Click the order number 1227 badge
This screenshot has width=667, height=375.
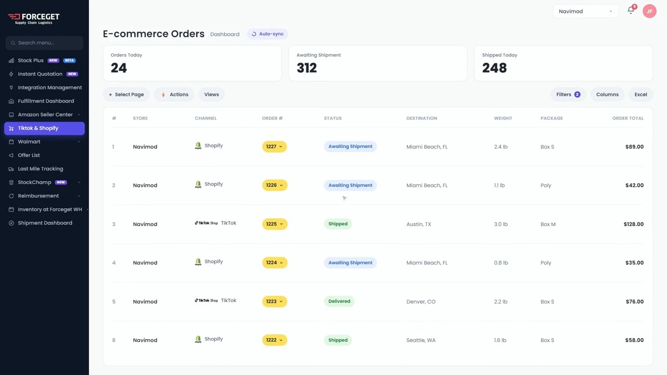[274, 146]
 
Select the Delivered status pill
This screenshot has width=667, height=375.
[339, 301]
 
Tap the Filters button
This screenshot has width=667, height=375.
[568, 94]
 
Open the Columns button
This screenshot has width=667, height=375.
[607, 94]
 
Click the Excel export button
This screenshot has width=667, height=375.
[640, 94]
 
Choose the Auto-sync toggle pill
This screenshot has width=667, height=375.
[267, 34]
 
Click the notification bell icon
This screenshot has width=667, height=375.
[631, 10]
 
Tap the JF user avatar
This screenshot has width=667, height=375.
[649, 11]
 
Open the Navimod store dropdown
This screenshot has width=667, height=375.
[586, 11]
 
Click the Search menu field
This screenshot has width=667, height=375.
[44, 43]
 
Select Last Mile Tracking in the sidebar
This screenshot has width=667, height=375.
[41, 169]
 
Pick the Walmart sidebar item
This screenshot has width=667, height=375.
[29, 142]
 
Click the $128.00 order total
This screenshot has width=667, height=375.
[634, 224]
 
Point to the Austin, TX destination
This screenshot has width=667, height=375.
[418, 224]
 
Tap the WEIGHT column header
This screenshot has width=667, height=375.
[503, 118]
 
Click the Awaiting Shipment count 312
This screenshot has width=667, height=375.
[307, 68]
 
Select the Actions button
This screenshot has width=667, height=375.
[174, 94]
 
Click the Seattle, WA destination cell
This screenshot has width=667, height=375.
[421, 340]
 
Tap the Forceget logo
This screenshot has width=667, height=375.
[34, 18]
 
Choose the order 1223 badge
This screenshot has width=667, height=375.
[275, 301]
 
